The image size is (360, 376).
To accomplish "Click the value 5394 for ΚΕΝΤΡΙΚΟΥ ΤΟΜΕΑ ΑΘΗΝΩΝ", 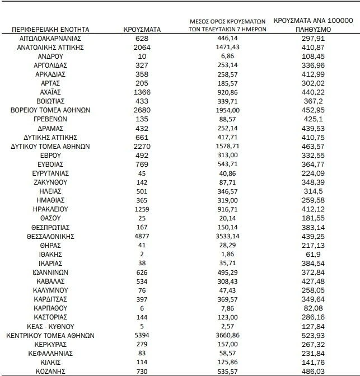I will (142, 336).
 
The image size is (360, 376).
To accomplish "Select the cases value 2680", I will (142, 110).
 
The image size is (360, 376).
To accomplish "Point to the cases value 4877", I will (142, 237).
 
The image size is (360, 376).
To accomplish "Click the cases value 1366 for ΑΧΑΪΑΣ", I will (142, 92).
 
